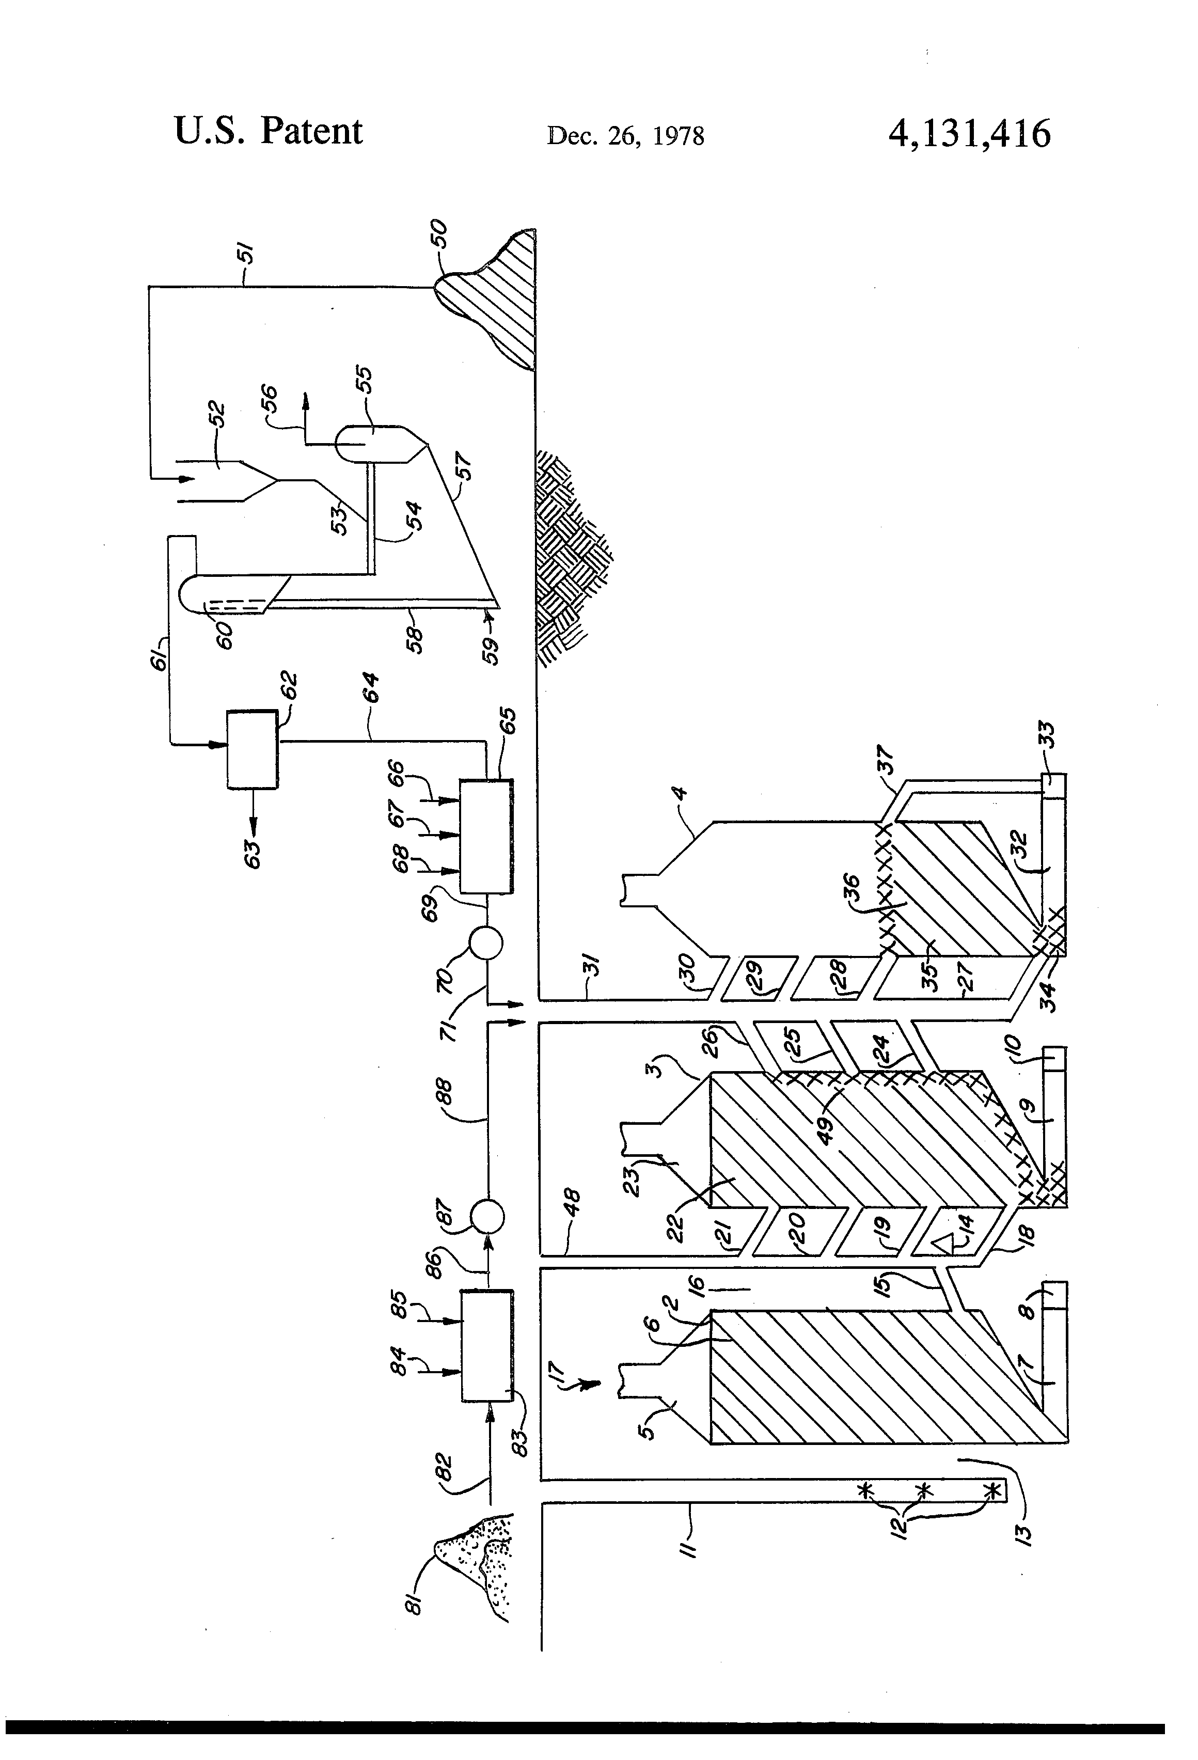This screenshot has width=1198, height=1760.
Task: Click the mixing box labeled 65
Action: [485, 836]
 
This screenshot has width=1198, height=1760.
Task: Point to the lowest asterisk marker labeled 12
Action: [992, 1490]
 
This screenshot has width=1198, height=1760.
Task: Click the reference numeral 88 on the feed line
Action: [445, 1092]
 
